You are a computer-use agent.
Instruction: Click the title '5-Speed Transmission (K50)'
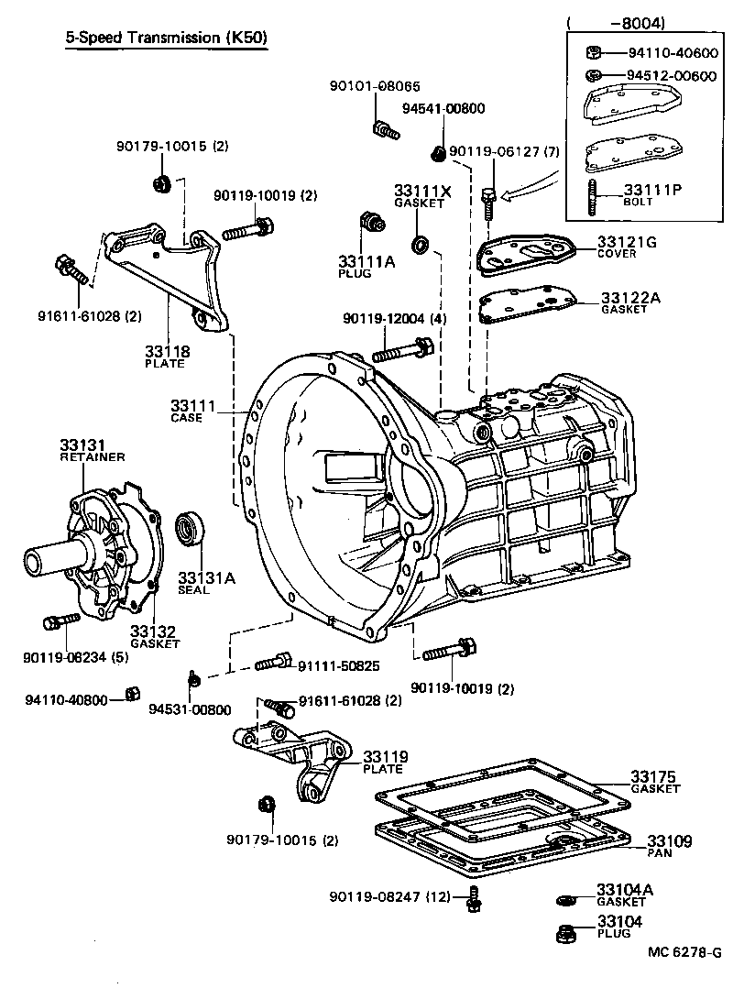pyautogui.click(x=167, y=38)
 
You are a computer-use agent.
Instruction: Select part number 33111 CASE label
pyautogui.click(x=192, y=410)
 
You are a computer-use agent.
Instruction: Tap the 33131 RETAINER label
pyautogui.click(x=92, y=449)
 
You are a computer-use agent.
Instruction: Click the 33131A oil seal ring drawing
pyautogui.click(x=191, y=530)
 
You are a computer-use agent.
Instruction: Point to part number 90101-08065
pyautogui.click(x=375, y=87)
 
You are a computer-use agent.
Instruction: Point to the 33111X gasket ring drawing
pyautogui.click(x=421, y=244)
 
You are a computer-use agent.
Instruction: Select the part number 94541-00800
pyautogui.click(x=443, y=108)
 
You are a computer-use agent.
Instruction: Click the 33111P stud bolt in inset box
pyautogui.click(x=596, y=195)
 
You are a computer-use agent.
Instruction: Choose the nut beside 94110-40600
pyautogui.click(x=592, y=51)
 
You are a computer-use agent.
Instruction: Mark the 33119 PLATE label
pyautogui.click(x=385, y=761)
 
